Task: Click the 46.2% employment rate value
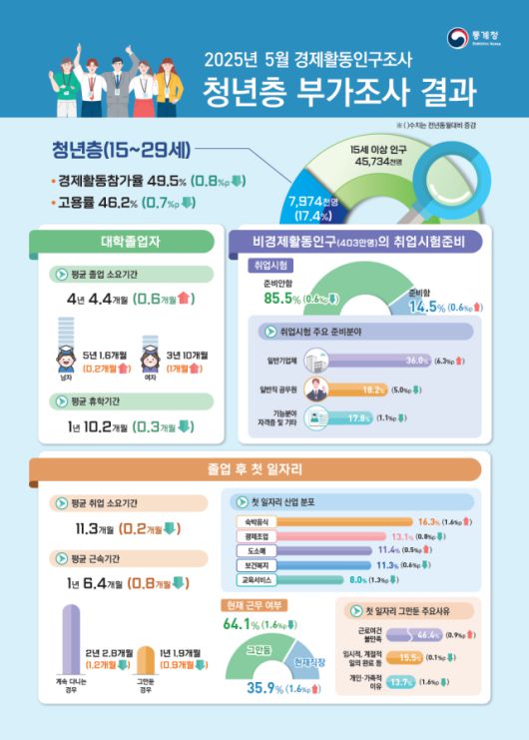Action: point(133,203)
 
